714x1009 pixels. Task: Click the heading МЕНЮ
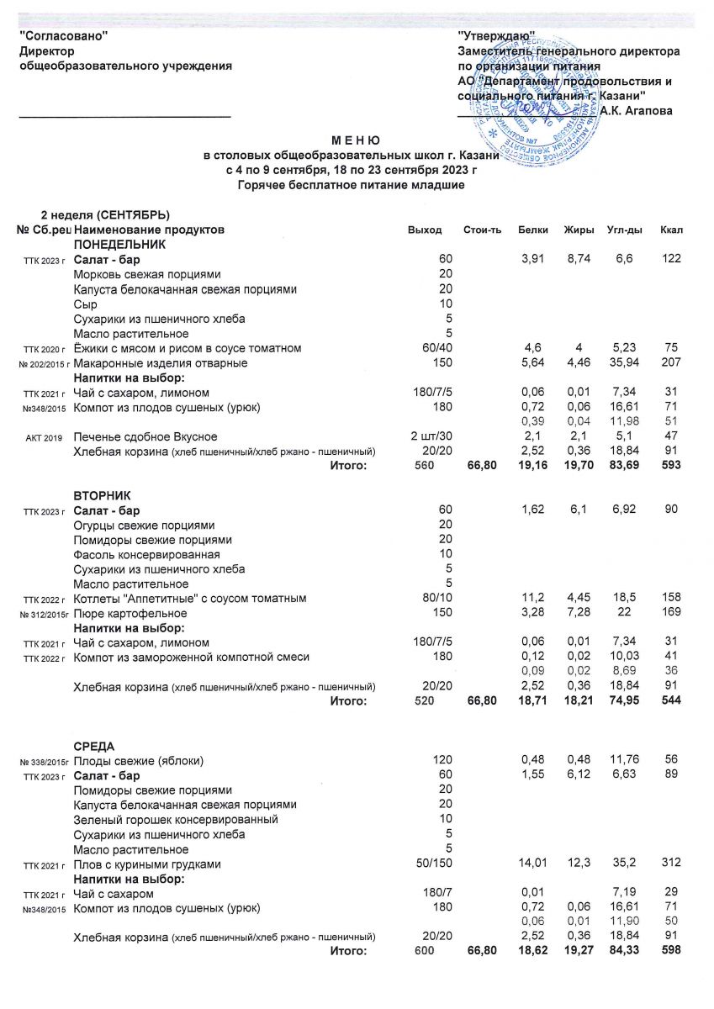point(356,140)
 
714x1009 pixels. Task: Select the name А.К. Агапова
point(637,111)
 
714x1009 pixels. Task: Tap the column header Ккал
point(670,230)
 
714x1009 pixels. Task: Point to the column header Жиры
point(580,230)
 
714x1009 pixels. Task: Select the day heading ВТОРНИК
point(103,496)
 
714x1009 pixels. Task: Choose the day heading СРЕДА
point(94,747)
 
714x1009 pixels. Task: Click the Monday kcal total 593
point(671,468)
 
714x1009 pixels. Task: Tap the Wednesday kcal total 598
point(671,950)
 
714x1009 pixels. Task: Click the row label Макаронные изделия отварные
point(161,363)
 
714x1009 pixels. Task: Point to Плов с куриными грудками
point(147,864)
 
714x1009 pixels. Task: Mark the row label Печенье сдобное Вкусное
point(145,436)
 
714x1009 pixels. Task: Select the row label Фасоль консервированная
point(146,554)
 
